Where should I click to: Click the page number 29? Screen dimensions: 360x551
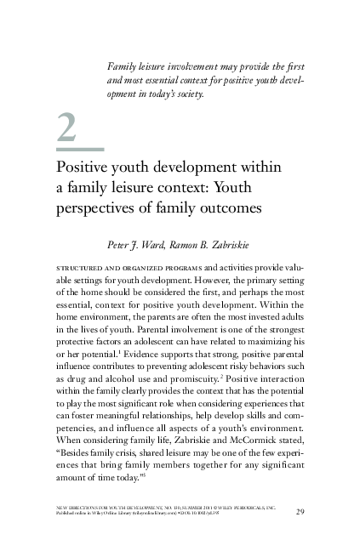coord(300,511)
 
